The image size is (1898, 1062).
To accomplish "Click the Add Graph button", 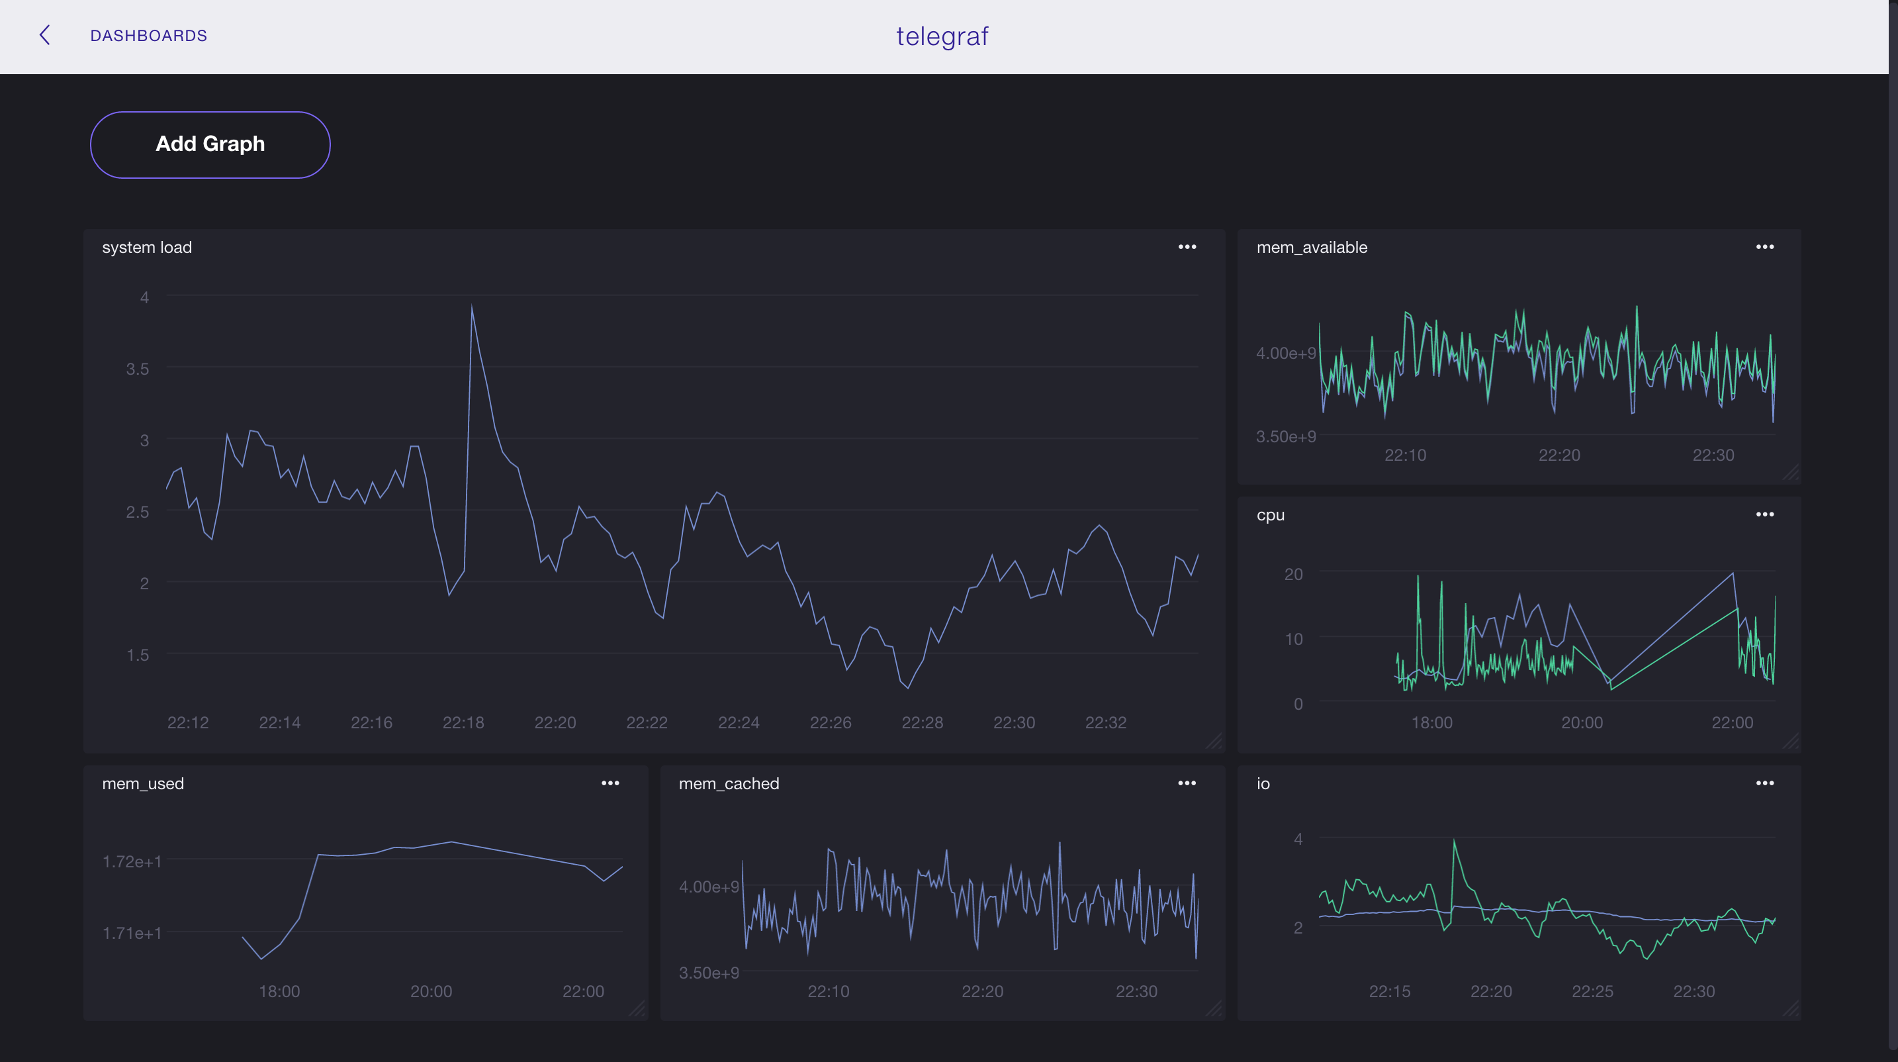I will [x=210, y=144].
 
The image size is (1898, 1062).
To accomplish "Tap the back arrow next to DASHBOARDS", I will [x=45, y=35].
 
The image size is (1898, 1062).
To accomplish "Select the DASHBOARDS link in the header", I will [x=148, y=35].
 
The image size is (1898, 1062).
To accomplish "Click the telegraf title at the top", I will [x=942, y=36].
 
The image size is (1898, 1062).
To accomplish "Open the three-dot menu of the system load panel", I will [x=1186, y=247].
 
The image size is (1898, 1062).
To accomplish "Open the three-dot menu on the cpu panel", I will [x=1764, y=514].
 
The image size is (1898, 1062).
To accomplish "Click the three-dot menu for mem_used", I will [x=610, y=783].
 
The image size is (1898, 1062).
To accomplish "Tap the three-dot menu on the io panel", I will [x=1764, y=783].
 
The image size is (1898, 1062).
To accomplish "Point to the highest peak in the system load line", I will [x=472, y=306].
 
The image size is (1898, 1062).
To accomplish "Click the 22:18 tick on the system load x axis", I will [x=463, y=722].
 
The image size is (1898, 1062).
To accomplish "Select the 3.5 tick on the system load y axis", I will [x=137, y=369].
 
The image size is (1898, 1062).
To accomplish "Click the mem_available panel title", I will [x=1311, y=248].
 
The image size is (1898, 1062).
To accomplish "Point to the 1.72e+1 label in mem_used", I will [x=132, y=861].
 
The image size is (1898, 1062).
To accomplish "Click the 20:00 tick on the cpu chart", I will [x=1581, y=722].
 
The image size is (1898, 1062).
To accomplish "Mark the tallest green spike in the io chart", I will [x=1454, y=841].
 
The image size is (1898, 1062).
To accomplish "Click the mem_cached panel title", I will [x=728, y=784].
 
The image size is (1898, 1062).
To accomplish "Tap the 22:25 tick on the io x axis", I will [x=1592, y=991].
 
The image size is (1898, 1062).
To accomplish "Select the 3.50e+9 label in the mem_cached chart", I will [x=708, y=973].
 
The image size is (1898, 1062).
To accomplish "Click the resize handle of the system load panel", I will [x=1214, y=742].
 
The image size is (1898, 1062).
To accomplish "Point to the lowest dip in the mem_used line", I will [x=261, y=959].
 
